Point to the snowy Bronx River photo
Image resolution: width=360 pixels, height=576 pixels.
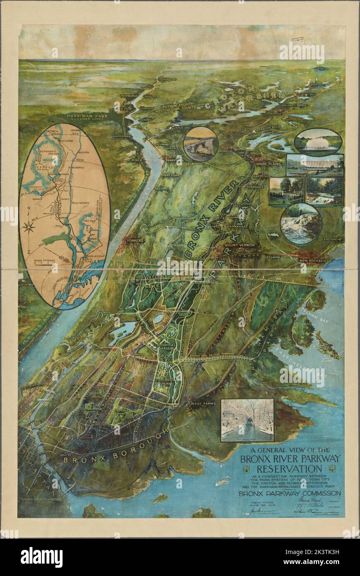pos(247,420)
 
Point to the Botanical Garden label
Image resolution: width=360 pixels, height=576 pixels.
pos(162,349)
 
